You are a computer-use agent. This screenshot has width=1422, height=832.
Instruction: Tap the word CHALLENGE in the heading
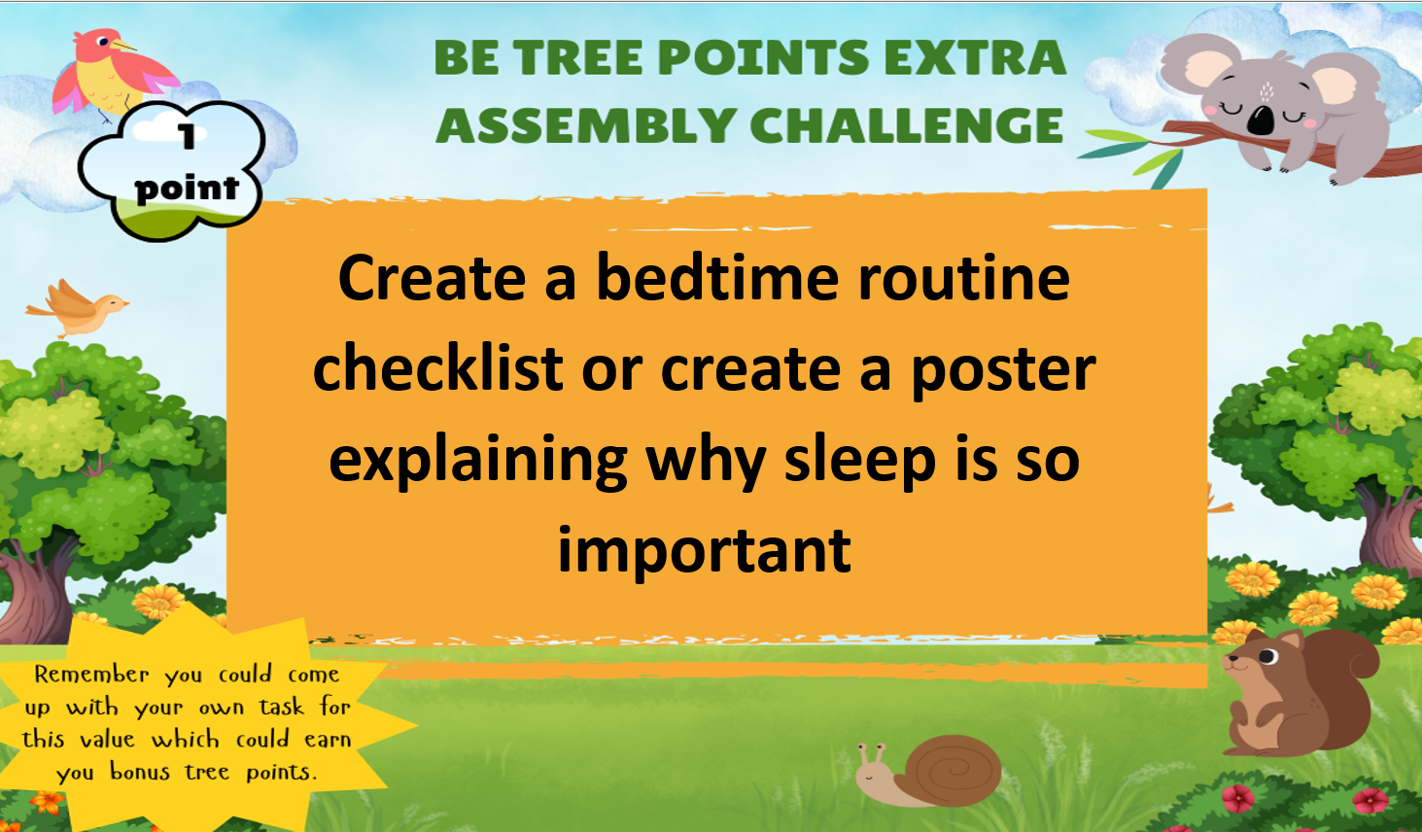(x=907, y=125)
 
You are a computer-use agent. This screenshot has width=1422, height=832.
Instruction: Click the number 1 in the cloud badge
(x=187, y=135)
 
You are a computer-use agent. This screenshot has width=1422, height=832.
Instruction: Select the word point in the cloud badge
(x=187, y=188)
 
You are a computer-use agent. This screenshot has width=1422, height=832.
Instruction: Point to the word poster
(x=1004, y=371)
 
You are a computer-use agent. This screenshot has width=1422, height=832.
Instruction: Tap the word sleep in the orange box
(x=860, y=462)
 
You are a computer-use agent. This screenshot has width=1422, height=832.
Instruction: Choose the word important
(x=704, y=549)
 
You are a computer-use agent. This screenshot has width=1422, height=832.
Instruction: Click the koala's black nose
(x=1261, y=120)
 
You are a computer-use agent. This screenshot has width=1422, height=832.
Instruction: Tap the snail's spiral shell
(x=956, y=770)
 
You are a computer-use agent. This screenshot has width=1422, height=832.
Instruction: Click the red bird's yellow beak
(x=123, y=46)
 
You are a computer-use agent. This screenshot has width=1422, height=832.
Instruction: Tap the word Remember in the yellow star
(x=92, y=675)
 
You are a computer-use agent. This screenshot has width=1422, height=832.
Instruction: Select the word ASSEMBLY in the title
(x=585, y=125)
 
